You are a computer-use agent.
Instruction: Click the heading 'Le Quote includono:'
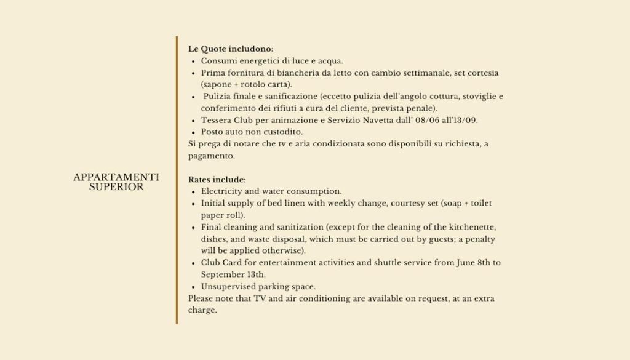tap(231, 49)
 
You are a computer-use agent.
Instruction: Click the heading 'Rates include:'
tap(217, 180)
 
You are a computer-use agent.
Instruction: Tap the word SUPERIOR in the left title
tap(116, 187)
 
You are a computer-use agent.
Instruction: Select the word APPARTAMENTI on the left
tap(116, 177)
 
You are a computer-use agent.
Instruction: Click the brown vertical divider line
tap(177, 179)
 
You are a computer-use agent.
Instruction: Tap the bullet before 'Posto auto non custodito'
tap(193, 132)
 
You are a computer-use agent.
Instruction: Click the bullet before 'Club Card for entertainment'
tap(193, 263)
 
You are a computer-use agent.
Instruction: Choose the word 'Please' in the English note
tap(200, 298)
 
